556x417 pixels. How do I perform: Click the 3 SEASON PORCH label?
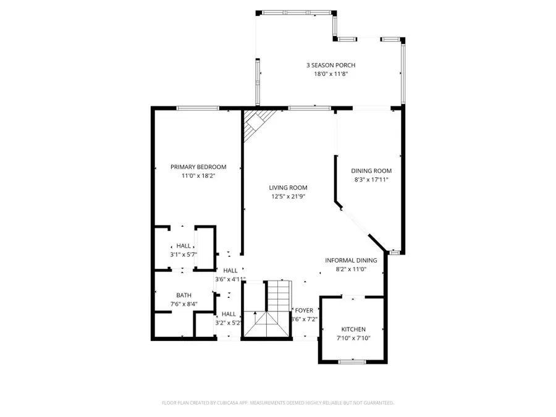(331, 65)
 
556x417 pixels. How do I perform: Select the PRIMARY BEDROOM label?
(198, 167)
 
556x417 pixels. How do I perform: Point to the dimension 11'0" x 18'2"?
(198, 175)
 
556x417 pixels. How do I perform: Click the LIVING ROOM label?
(288, 188)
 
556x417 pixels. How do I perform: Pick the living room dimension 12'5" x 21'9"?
(288, 196)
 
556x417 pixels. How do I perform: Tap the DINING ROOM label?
(371, 171)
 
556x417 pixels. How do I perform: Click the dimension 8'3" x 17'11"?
(371, 180)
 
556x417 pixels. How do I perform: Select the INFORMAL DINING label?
(351, 261)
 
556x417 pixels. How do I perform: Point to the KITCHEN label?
(353, 330)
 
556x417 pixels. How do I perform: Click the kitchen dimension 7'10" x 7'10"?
(353, 339)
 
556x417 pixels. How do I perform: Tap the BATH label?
(183, 295)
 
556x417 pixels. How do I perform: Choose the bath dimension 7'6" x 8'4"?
(183, 304)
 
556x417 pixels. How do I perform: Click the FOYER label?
(303, 311)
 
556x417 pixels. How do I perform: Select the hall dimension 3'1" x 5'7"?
(183, 255)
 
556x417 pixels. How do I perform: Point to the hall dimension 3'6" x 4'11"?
(230, 279)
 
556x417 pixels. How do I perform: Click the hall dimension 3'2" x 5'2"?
(229, 322)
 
